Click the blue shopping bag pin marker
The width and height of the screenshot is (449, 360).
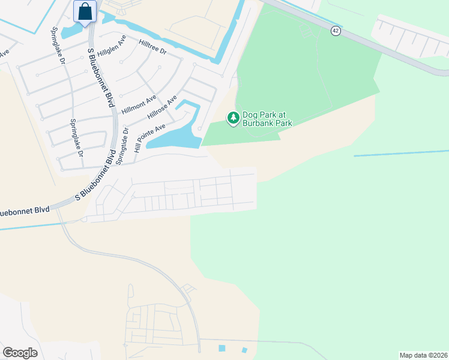(x=85, y=11)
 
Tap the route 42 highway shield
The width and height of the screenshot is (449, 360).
(x=336, y=31)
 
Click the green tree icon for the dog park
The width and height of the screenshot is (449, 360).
(x=233, y=118)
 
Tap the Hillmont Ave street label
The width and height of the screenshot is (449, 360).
(x=139, y=104)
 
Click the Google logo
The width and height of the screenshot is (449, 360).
(x=20, y=353)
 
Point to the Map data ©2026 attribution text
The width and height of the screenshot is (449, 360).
(x=423, y=355)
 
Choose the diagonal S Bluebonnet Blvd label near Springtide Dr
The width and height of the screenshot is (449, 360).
(x=95, y=176)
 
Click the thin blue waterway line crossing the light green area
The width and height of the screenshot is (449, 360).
(x=401, y=154)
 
